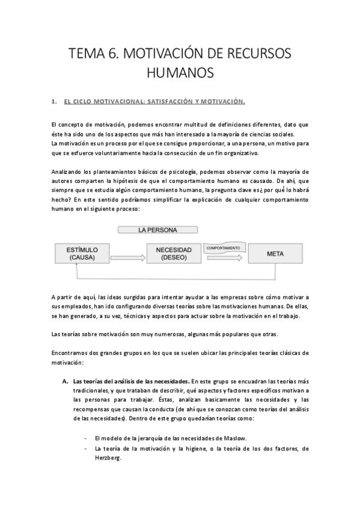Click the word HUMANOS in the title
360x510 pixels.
coord(180,73)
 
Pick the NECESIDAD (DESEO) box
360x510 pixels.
coord(174,253)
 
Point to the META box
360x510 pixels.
coord(275,253)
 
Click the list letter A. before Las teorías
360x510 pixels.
coord(65,381)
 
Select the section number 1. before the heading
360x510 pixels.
coord(54,101)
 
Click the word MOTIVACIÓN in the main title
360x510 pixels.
coord(167,54)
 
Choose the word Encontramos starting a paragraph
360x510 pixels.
coord(72,352)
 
